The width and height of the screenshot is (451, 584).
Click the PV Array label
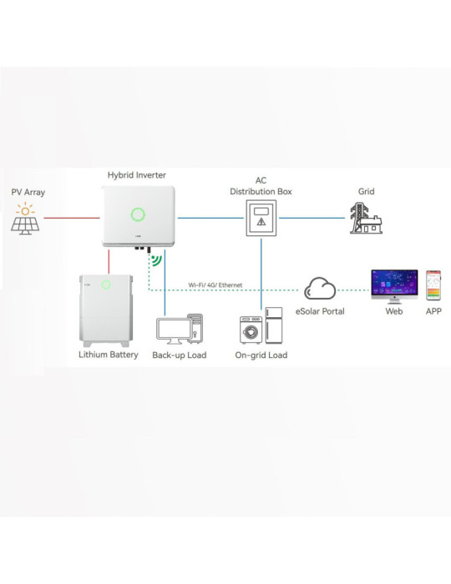pyautogui.click(x=28, y=192)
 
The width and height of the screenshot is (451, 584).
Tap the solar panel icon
pyautogui.click(x=28, y=219)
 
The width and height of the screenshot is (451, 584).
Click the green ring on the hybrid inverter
pyautogui.click(x=138, y=214)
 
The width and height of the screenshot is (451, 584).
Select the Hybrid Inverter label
pyautogui.click(x=138, y=174)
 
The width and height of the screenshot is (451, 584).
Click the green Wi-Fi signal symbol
pyautogui.click(x=155, y=260)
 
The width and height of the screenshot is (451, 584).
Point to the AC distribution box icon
pyautogui.click(x=261, y=218)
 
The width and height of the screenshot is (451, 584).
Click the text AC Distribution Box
pyautogui.click(x=261, y=185)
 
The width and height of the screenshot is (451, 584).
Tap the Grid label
pyautogui.click(x=366, y=191)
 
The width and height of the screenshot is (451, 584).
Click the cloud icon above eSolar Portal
pyautogui.click(x=319, y=289)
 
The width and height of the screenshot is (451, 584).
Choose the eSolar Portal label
pyautogui.click(x=321, y=311)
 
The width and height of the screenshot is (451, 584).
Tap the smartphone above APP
pyautogui.click(x=433, y=285)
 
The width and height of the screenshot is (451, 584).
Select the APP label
pyautogui.click(x=433, y=311)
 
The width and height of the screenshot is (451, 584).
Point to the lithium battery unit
pyautogui.click(x=106, y=310)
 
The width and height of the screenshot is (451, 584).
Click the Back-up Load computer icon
pyautogui.click(x=180, y=328)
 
